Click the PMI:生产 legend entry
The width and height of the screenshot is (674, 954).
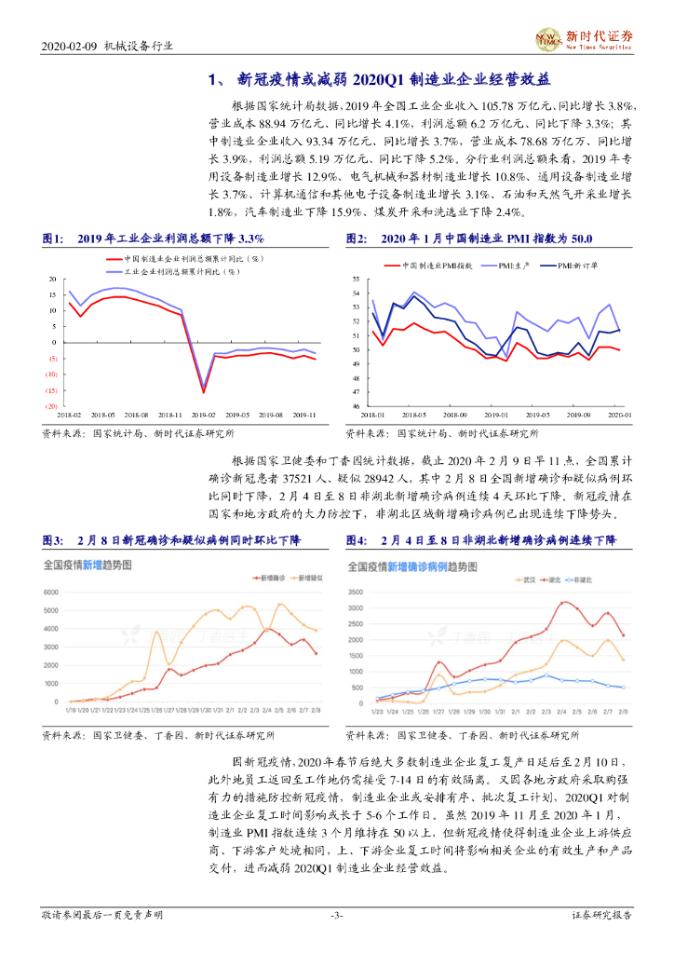(514, 266)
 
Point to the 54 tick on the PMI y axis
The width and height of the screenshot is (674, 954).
(357, 293)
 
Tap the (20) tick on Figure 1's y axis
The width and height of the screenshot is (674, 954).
(52, 406)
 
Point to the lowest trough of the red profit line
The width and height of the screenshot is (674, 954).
(204, 391)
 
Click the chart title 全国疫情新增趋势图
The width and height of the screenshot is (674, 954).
(99, 566)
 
